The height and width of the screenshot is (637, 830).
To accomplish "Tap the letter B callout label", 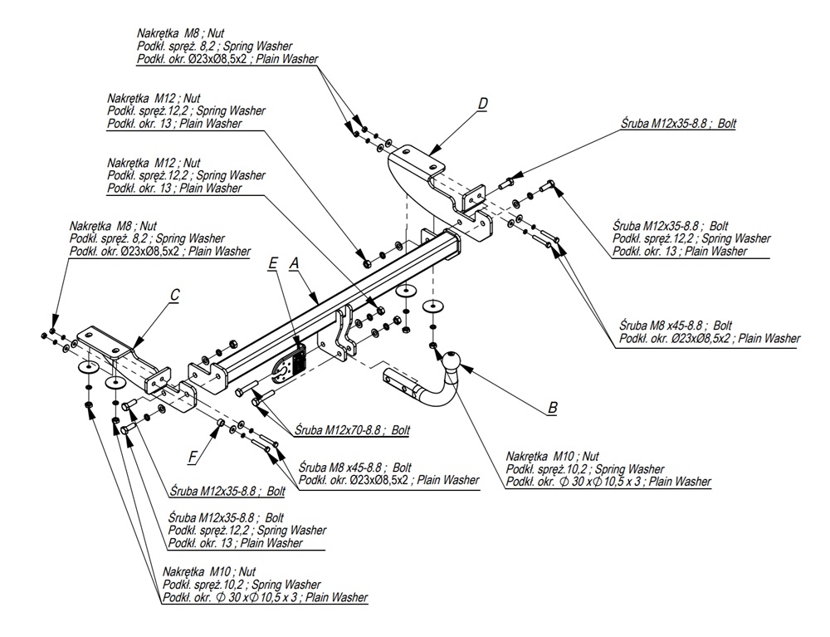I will click(552, 408).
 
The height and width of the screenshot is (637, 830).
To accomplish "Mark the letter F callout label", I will click(193, 456).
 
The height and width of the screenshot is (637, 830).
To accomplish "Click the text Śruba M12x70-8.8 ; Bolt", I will click(352, 431).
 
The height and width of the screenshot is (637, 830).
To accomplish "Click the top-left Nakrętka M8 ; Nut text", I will click(181, 32).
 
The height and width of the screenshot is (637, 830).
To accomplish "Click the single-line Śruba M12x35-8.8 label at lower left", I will click(227, 490).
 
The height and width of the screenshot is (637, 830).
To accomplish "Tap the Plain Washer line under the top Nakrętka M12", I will click(174, 124).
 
